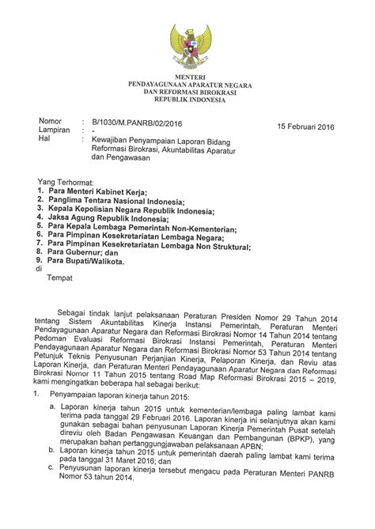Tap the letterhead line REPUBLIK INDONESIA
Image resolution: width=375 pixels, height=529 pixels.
coord(187,100)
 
